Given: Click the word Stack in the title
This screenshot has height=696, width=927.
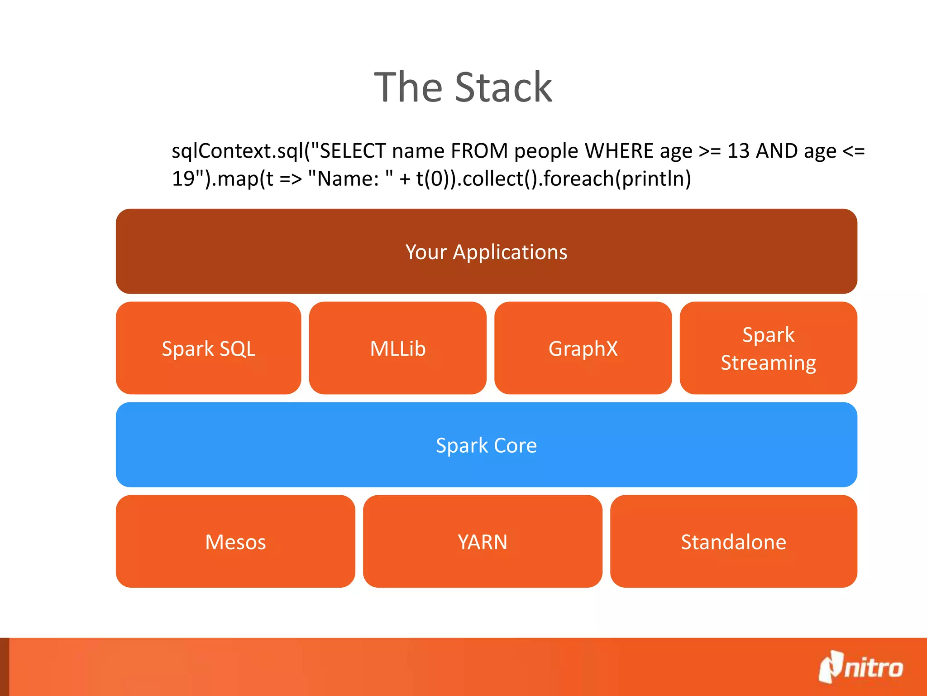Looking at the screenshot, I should tap(503, 87).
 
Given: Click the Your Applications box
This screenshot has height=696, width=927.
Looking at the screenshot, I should tap(486, 251).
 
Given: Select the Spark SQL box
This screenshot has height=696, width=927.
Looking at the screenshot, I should tap(209, 348).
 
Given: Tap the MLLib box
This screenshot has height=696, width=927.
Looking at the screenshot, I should tap(397, 348).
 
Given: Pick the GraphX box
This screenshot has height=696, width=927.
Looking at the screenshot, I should tap(583, 348).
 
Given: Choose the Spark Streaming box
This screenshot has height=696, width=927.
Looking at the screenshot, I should tap(768, 348).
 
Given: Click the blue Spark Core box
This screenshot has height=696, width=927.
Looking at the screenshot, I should tap(486, 445).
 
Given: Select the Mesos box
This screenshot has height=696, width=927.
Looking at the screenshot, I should tap(235, 541).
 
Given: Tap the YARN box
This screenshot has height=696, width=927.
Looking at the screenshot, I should tap(483, 541).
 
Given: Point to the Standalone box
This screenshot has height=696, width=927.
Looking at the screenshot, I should tap(733, 541).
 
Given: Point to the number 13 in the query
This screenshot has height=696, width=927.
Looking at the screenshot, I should tap(739, 151).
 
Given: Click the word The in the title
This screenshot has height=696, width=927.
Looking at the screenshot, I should tap(408, 87).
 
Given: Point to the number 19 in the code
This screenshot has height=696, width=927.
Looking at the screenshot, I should tap(183, 179).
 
